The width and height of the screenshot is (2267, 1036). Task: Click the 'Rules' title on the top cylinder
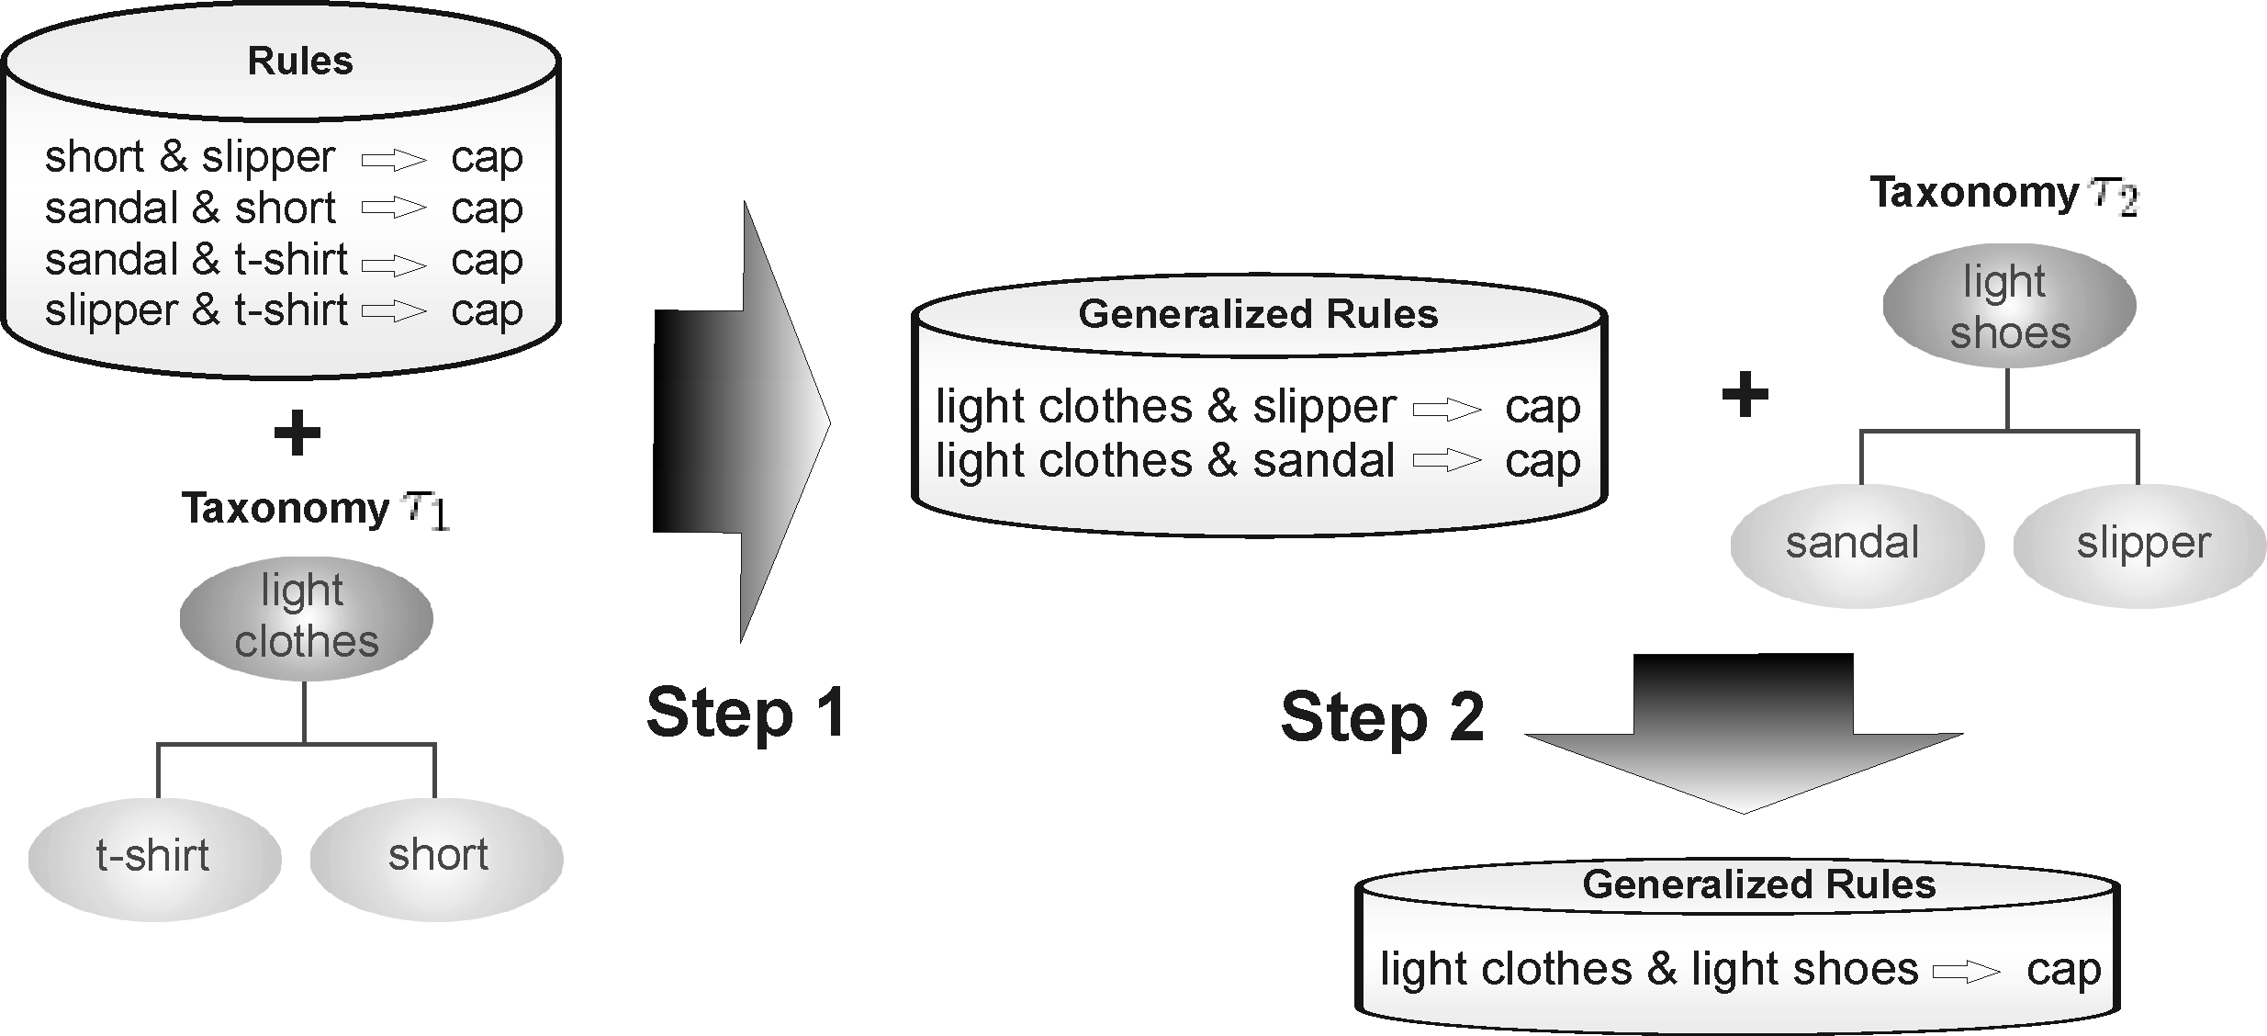[300, 62]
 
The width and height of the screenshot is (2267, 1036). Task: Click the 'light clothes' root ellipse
[306, 617]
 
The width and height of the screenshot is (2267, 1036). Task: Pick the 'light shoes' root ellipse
[2009, 307]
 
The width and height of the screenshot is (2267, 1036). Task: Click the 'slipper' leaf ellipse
[2141, 544]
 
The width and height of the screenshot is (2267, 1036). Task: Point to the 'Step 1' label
[746, 714]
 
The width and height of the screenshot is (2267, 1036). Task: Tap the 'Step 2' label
[1382, 717]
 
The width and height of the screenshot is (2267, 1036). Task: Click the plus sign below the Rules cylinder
[297, 434]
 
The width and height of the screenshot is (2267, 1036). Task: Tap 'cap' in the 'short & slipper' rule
[487, 158]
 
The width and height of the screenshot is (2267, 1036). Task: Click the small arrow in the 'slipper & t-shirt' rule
[395, 313]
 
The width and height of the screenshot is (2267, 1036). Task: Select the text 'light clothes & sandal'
[1164, 460]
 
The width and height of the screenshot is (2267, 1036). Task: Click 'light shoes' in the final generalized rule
[1804, 970]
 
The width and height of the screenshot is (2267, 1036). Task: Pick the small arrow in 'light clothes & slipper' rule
[1447, 409]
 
